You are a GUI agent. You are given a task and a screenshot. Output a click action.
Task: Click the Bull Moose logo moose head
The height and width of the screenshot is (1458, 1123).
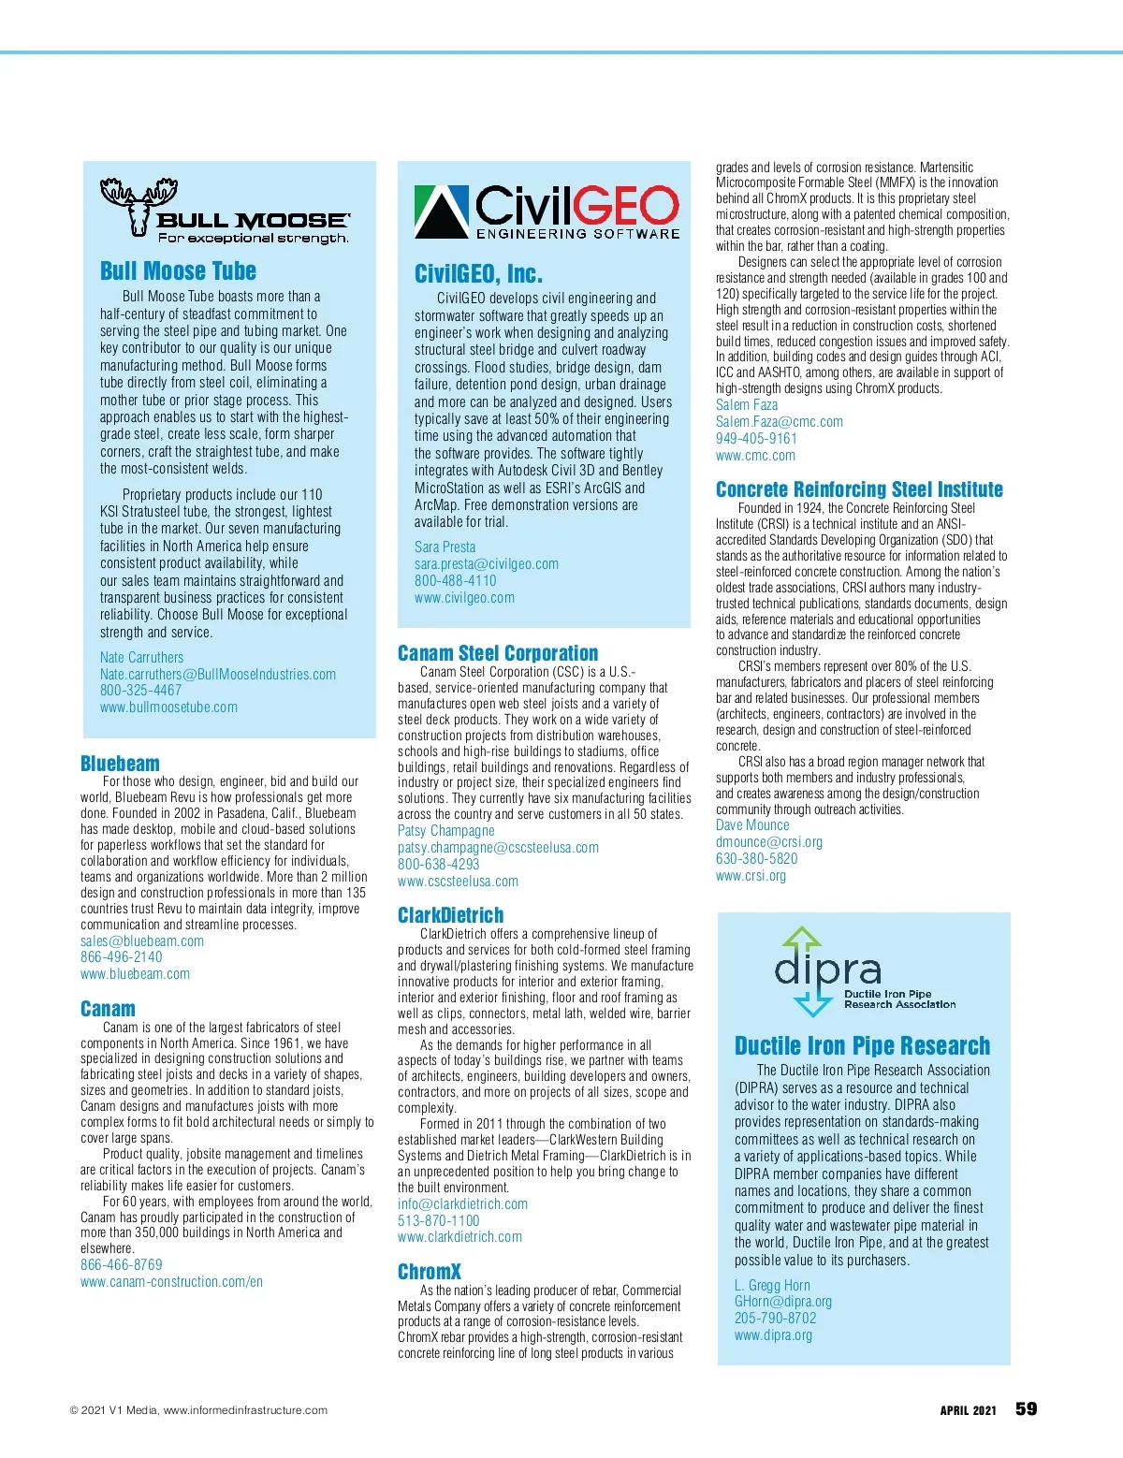click(x=139, y=207)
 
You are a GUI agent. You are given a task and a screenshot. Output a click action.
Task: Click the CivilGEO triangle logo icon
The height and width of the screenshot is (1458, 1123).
click(x=441, y=212)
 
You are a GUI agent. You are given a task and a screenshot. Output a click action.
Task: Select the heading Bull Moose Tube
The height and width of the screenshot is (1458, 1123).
click(x=178, y=271)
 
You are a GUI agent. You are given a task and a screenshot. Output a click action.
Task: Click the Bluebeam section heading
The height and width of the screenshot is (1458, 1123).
click(x=120, y=764)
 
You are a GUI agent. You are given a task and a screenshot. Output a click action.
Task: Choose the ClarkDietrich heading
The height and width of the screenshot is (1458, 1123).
click(x=450, y=915)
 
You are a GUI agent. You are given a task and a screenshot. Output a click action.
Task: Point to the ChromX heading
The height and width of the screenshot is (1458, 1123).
click(x=430, y=1272)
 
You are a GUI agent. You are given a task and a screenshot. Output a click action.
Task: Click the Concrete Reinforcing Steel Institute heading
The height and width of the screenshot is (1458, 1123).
click(x=859, y=489)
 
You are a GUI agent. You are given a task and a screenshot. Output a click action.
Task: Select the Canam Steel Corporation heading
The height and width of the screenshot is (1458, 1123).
click(x=498, y=653)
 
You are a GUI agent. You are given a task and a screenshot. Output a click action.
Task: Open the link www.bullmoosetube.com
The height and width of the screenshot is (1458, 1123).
click(x=168, y=707)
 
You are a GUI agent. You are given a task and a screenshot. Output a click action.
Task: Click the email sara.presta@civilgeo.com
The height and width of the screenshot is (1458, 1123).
click(x=487, y=564)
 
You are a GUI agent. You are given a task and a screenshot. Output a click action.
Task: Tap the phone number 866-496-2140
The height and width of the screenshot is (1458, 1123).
click(x=121, y=957)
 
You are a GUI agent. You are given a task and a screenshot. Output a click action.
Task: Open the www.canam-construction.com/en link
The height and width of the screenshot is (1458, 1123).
click(x=171, y=1282)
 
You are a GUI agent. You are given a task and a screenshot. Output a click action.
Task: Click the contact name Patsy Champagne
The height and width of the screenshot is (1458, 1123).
click(x=445, y=831)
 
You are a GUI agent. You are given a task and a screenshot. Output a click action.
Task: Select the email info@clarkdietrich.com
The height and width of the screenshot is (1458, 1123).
click(x=462, y=1204)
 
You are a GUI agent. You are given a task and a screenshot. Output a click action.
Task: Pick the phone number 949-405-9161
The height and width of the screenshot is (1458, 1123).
click(x=756, y=439)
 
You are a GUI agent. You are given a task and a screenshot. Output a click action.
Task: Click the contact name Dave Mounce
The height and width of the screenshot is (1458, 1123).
click(x=752, y=825)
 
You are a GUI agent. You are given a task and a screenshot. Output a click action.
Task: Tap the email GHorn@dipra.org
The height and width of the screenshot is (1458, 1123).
click(x=783, y=1302)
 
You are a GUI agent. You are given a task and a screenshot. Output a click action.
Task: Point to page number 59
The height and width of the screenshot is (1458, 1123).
click(x=1026, y=1409)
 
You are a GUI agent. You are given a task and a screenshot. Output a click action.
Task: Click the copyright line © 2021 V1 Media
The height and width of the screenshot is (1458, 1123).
click(x=198, y=1410)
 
